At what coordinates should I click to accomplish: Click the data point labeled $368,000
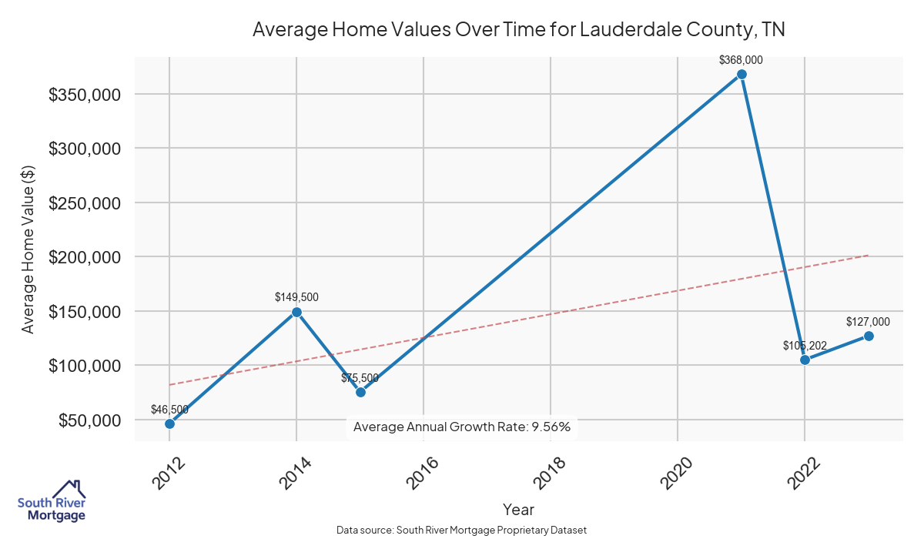click(x=742, y=75)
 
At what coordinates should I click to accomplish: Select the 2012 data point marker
click(x=169, y=423)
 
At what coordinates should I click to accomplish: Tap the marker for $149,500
click(x=296, y=312)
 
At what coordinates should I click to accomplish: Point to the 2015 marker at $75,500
click(x=360, y=392)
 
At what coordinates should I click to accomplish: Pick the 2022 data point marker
click(x=805, y=360)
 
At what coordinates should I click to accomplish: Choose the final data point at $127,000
click(x=869, y=336)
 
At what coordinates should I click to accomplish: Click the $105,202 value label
click(x=805, y=346)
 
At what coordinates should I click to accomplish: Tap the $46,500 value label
click(x=169, y=410)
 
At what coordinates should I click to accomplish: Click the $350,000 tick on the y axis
click(x=84, y=95)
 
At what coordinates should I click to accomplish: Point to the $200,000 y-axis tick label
click(x=84, y=257)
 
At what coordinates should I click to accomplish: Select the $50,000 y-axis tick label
click(x=89, y=420)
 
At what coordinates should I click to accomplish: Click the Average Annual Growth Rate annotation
click(x=462, y=427)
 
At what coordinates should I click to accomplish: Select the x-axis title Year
click(x=518, y=509)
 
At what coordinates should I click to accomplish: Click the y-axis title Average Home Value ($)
click(x=28, y=249)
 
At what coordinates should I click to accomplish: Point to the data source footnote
click(x=462, y=531)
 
